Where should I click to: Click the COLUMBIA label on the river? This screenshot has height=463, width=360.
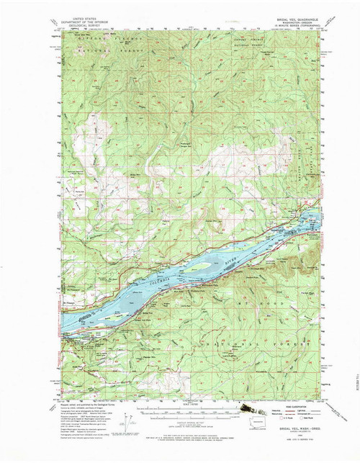(x=157, y=277)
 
